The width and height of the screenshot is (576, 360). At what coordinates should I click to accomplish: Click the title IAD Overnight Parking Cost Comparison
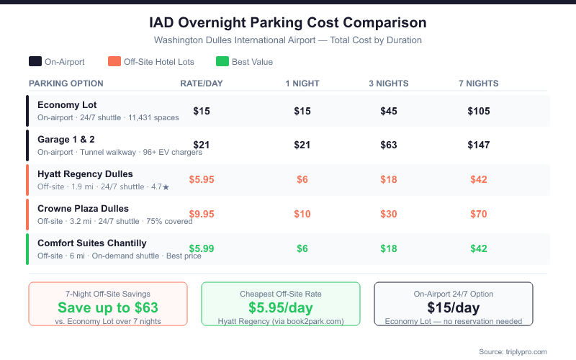click(287, 23)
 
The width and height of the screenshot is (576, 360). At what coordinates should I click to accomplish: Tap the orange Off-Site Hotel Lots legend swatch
click(114, 62)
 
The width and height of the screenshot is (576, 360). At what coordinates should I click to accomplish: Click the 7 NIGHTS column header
click(478, 84)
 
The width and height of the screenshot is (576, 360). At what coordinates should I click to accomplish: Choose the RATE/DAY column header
click(202, 84)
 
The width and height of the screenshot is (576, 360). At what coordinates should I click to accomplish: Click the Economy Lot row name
click(67, 105)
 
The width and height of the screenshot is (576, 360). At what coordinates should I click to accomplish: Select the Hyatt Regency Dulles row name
click(85, 174)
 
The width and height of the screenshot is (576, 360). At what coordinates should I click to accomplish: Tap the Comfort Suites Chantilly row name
click(91, 243)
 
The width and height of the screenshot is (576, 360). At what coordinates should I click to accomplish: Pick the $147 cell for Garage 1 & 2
click(479, 145)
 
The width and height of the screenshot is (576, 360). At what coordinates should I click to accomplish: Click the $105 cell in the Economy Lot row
click(479, 111)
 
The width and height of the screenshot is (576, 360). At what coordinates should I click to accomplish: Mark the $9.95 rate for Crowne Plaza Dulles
click(202, 215)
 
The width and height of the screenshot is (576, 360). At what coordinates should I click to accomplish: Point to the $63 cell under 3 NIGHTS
click(389, 145)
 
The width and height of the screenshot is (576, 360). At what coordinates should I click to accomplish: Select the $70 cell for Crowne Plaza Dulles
click(479, 215)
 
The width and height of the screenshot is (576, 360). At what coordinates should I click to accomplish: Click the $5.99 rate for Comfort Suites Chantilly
click(202, 249)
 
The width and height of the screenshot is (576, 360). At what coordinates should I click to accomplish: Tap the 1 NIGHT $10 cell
click(302, 215)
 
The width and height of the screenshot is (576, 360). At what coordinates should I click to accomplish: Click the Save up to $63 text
click(108, 307)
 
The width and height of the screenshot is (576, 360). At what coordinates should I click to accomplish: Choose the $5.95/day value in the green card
click(280, 307)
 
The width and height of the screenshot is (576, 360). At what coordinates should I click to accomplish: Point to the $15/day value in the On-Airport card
click(454, 307)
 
